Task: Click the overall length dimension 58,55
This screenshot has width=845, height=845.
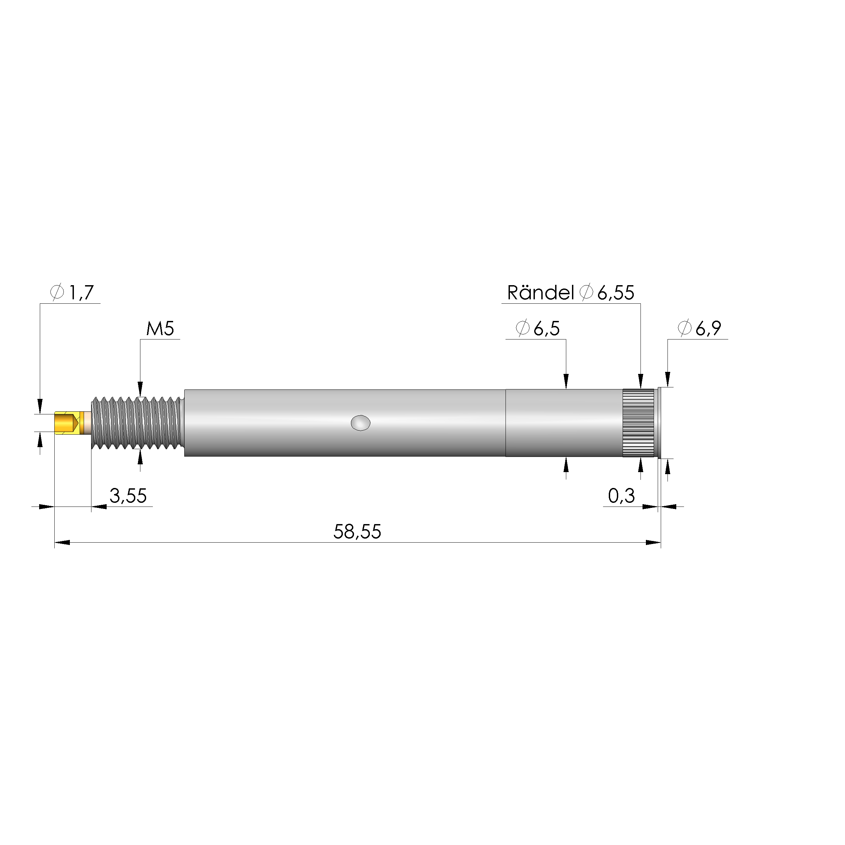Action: click(x=357, y=531)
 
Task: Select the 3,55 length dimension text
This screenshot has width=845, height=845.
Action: click(x=128, y=495)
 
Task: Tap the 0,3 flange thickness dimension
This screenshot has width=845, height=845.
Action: click(x=621, y=495)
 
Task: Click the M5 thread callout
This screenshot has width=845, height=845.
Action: click(x=160, y=328)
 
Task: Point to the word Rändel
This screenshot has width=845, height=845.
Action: click(x=540, y=293)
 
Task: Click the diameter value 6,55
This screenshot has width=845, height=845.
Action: click(x=616, y=293)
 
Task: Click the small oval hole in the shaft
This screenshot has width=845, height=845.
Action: click(x=360, y=423)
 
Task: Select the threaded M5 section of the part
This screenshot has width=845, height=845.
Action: click(x=136, y=423)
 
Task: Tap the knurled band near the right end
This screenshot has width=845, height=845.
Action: click(x=638, y=423)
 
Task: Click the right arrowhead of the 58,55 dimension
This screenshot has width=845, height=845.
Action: click(x=653, y=542)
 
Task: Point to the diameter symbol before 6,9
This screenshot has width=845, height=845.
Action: click(x=684, y=328)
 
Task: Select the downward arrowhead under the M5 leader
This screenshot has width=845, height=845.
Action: click(x=140, y=389)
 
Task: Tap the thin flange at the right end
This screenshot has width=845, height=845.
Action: click(x=659, y=423)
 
